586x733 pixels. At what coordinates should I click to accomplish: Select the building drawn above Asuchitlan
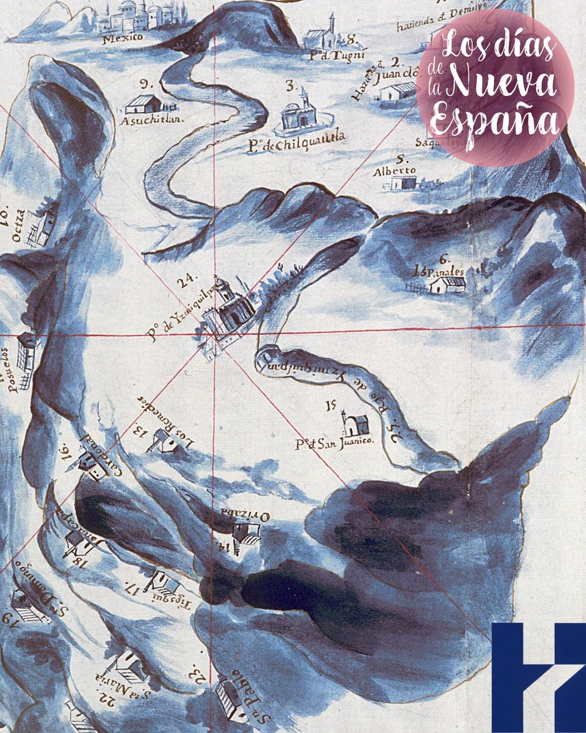click(143, 104)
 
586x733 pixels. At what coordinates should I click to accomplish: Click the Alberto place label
click(394, 170)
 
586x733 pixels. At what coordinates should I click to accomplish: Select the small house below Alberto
click(403, 183)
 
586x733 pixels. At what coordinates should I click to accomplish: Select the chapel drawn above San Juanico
click(355, 423)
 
